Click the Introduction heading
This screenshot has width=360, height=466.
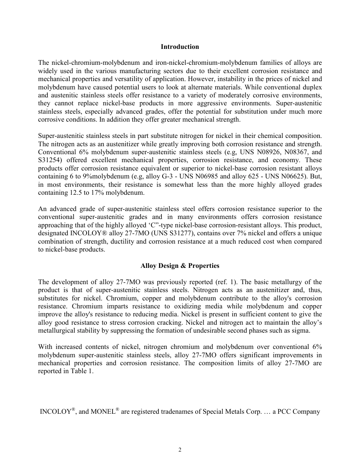(180, 47)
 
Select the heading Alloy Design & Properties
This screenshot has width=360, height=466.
(180, 266)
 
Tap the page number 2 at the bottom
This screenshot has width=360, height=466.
(180, 450)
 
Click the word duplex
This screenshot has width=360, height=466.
(313, 87)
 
